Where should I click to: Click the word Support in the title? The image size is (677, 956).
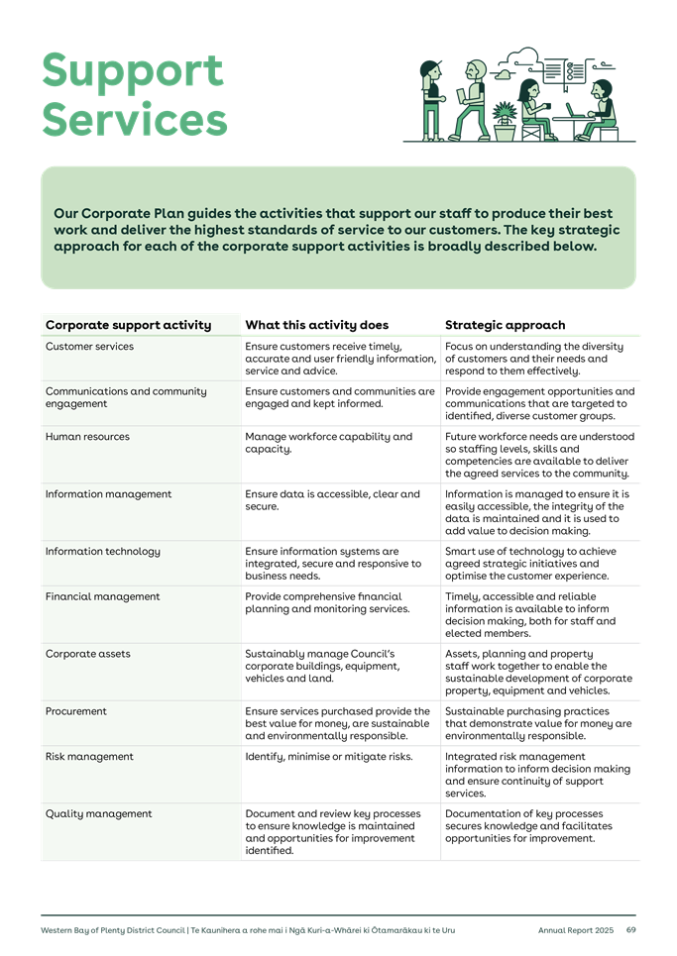tap(132, 71)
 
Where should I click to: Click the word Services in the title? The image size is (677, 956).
tap(134, 120)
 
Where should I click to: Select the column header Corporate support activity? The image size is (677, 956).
tap(128, 325)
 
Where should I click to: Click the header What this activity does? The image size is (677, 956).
tap(316, 325)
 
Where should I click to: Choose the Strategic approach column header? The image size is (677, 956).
tap(505, 325)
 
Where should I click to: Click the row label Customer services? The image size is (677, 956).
tap(89, 347)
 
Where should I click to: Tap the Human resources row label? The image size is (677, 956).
tap(88, 437)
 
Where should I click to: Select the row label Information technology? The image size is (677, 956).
tap(102, 552)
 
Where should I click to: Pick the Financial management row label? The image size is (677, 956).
tap(102, 597)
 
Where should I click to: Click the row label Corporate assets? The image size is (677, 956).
tap(88, 655)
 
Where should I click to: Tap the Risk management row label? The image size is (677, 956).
tap(89, 757)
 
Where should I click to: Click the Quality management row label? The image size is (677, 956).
tap(98, 814)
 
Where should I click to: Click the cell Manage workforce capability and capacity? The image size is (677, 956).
tap(327, 443)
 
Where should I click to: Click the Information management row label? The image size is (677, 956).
tap(108, 494)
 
